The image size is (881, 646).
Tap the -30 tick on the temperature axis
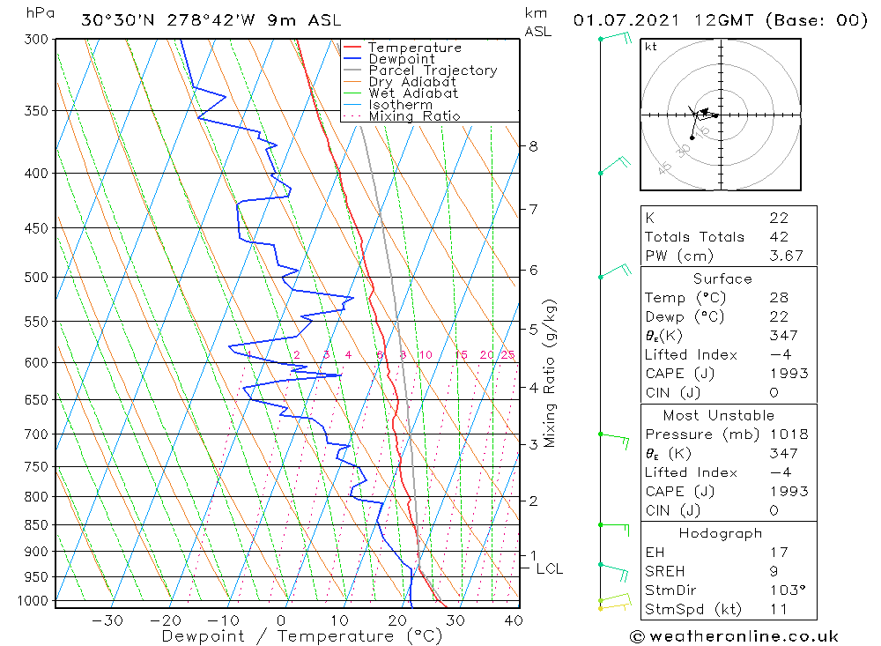107,620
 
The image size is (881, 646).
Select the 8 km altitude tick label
533,146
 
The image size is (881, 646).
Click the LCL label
549,569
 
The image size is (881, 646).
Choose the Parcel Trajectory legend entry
433,71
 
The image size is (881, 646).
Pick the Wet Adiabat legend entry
413,93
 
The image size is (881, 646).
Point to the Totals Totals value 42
778,237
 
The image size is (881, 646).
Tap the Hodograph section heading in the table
722,533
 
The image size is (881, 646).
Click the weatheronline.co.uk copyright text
734,636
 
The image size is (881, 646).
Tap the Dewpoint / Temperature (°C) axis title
301,636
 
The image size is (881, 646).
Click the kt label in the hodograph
651,47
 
